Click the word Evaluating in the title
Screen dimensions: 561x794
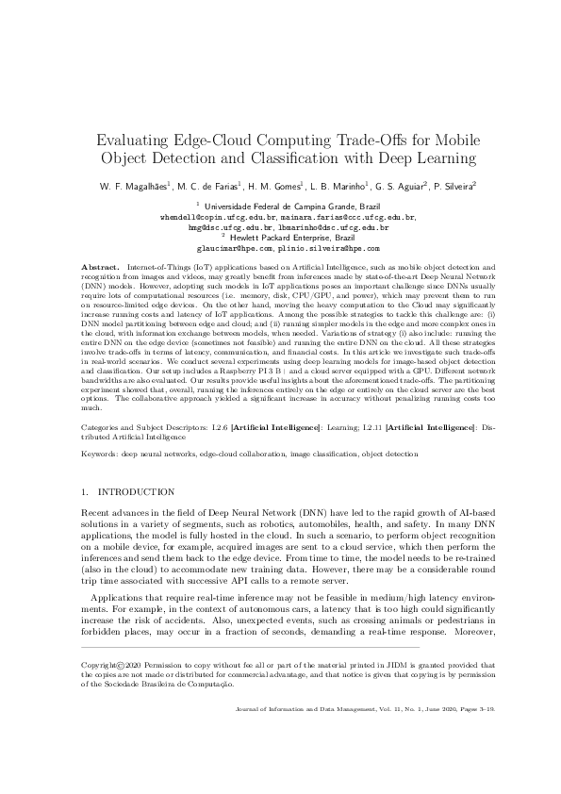pyautogui.click(x=138, y=141)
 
